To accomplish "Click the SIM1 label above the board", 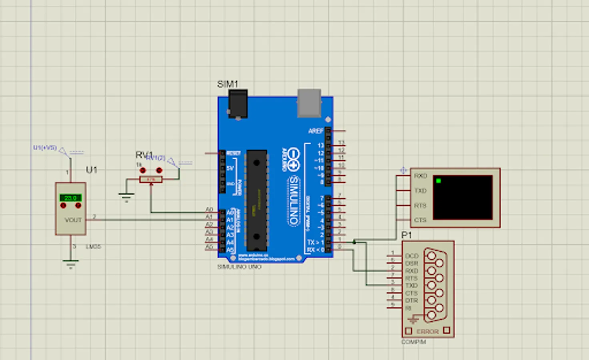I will [227, 84].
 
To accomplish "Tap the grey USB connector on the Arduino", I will [309, 103].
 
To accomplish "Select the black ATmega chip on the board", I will [256, 200].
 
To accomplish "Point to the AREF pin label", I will [316, 131].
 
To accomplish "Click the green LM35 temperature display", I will [70, 198].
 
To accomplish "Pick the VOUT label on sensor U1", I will [73, 220].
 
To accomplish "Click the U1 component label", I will [91, 170].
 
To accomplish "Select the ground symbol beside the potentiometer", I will [126, 196].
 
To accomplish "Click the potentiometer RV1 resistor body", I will [151, 180].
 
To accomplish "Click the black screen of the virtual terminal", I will [463, 198].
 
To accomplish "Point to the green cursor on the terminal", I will [439, 181].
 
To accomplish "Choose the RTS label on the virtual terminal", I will [420, 206].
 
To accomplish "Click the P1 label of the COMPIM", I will [407, 235].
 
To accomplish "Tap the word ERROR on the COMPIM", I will [427, 331].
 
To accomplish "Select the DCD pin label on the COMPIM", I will [412, 256].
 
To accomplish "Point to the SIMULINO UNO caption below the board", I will [239, 267].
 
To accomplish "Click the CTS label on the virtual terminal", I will [420, 220].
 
